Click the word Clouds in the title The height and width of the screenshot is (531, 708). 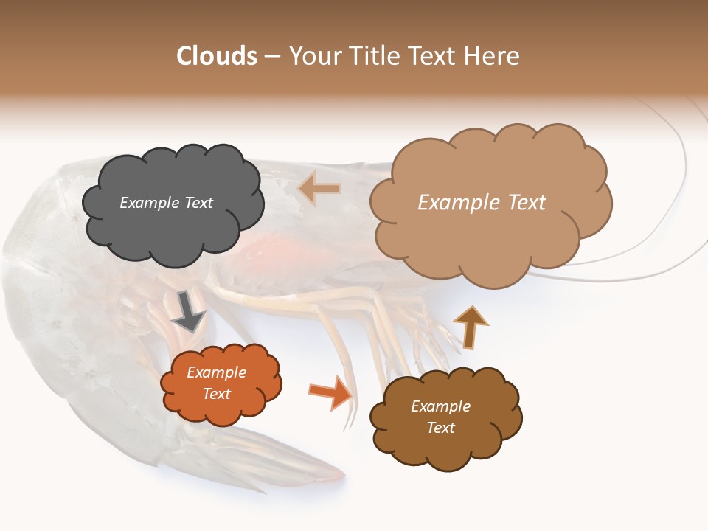pyautogui.click(x=217, y=56)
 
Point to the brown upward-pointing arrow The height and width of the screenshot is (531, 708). pyautogui.click(x=469, y=326)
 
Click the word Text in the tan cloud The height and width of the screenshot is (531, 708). pyautogui.click(x=521, y=203)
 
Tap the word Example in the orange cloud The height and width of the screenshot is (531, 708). pyautogui.click(x=216, y=372)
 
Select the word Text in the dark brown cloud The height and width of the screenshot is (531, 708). pyautogui.click(x=440, y=428)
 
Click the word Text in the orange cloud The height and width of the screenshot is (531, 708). pyautogui.click(x=216, y=394)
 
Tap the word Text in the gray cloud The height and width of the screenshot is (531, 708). pyautogui.click(x=198, y=203)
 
